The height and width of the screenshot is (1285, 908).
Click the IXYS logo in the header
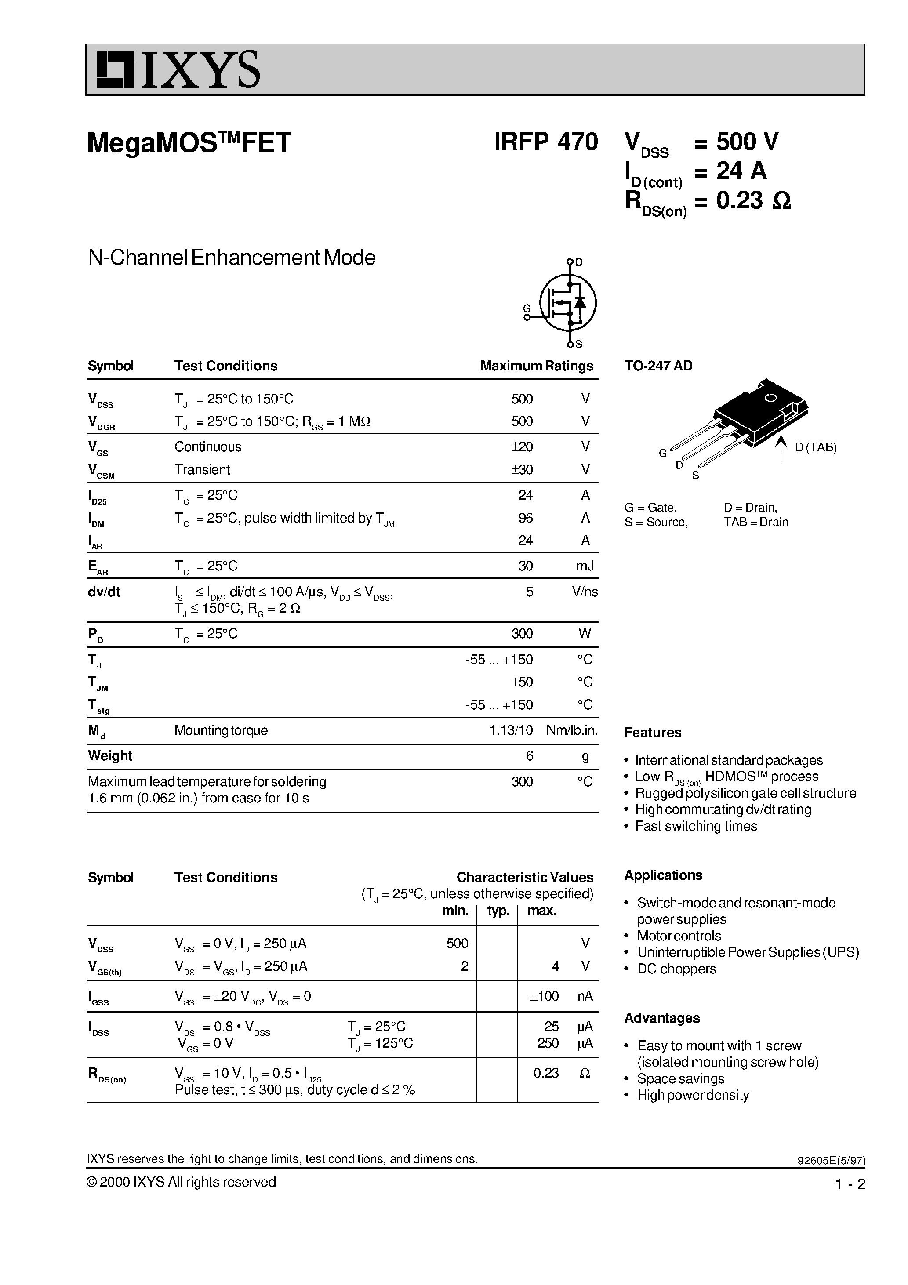pyautogui.click(x=178, y=70)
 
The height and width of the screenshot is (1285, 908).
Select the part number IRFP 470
pyautogui.click(x=546, y=142)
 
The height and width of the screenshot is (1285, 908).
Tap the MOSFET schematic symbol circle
pyautogui.click(x=568, y=303)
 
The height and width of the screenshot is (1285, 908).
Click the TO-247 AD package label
pyautogui.click(x=658, y=366)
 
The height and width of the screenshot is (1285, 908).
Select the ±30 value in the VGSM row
pyautogui.click(x=521, y=469)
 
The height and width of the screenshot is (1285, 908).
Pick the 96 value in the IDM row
pyautogui.click(x=525, y=518)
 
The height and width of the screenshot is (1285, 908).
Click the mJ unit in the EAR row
pyautogui.click(x=585, y=566)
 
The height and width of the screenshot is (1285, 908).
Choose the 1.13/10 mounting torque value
pyautogui.click(x=511, y=730)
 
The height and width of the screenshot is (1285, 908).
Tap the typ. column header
pyautogui.click(x=498, y=911)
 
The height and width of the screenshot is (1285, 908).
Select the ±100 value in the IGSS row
pyautogui.click(x=544, y=996)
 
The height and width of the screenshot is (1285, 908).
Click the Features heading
pyautogui.click(x=653, y=733)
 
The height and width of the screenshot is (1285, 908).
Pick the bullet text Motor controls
pyautogui.click(x=679, y=936)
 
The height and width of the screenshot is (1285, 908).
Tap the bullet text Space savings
pyautogui.click(x=681, y=1078)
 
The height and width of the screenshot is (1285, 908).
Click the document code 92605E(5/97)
pyautogui.click(x=831, y=1161)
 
